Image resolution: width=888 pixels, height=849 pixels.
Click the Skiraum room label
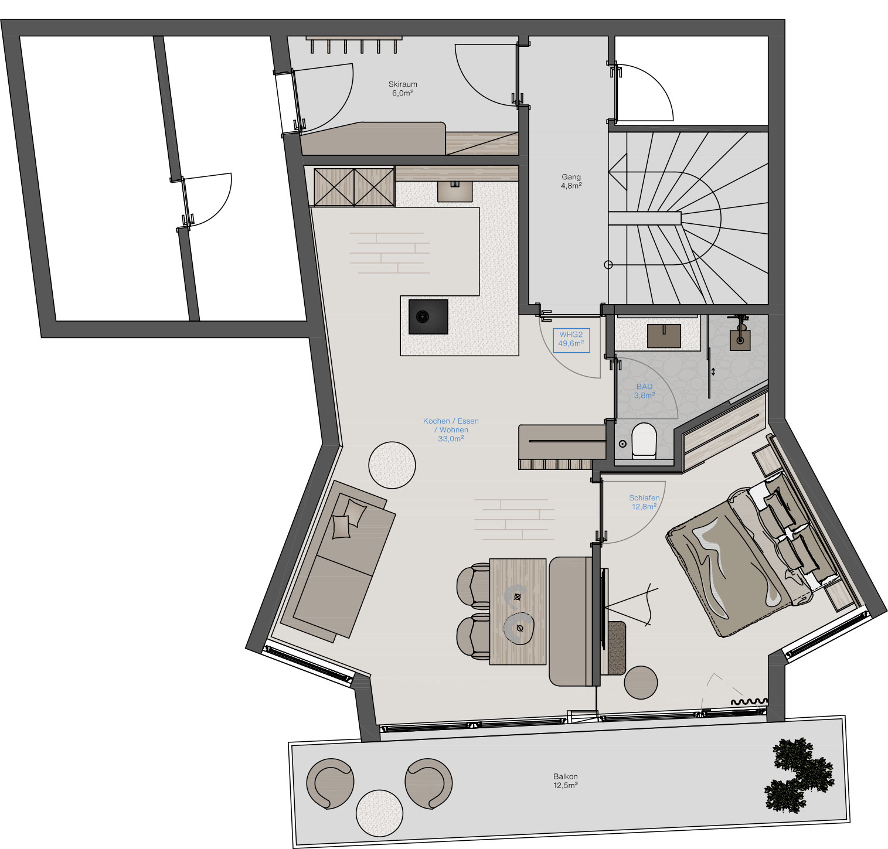[x=403, y=88]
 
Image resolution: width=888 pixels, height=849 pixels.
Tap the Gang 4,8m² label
[x=571, y=181]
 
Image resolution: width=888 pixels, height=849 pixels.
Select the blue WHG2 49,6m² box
[x=571, y=340]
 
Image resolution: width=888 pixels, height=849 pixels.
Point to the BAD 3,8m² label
[x=644, y=391]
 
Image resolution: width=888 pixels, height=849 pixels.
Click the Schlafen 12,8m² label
[x=644, y=502]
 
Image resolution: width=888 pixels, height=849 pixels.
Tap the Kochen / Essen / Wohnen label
[x=451, y=429]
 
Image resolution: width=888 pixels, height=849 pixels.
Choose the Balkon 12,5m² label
[x=565, y=781]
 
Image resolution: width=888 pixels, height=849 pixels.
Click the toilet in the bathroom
[x=643, y=439]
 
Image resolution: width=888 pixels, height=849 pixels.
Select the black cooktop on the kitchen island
[x=428, y=316]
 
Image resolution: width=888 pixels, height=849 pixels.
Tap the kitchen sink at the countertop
[x=455, y=191]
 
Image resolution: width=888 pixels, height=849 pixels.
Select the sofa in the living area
[x=338, y=559]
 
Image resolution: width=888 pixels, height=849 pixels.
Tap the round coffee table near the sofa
[x=392, y=465]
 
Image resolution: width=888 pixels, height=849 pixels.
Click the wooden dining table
[x=518, y=612]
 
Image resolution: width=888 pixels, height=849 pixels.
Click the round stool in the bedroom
[x=641, y=683]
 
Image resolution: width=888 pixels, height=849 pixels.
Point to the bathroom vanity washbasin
[x=664, y=336]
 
